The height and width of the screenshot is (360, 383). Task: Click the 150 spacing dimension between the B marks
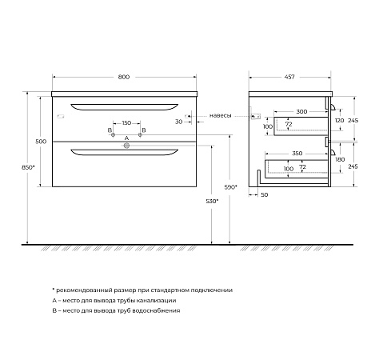(x=126, y=123)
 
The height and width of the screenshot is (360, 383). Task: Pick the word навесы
(x=221, y=115)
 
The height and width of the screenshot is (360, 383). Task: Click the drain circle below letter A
(x=126, y=146)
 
